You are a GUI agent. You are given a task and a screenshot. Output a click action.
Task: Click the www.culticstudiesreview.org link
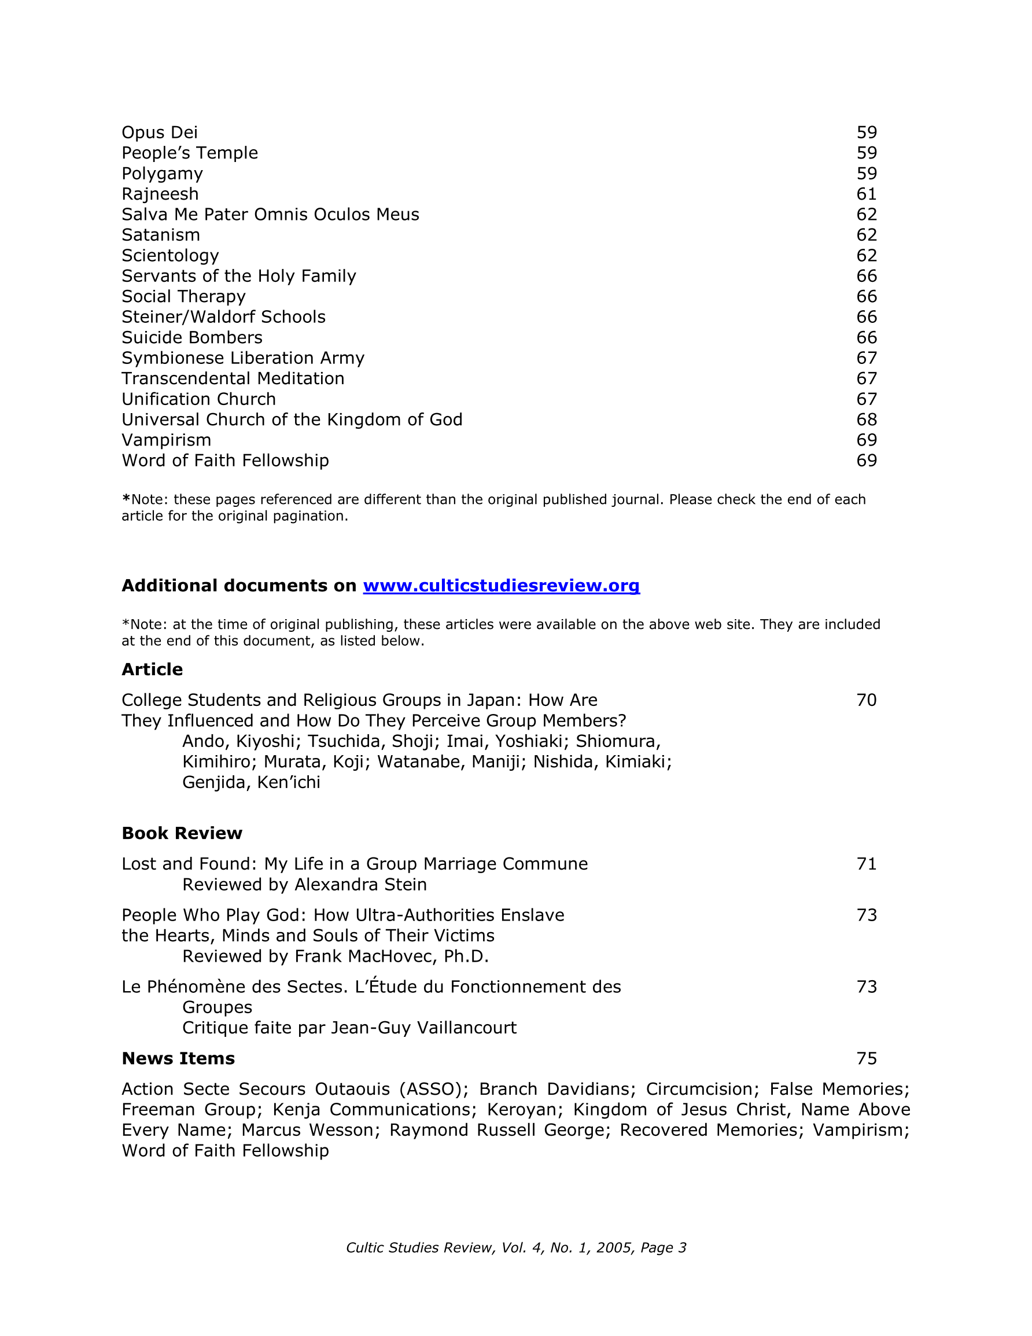coord(501,586)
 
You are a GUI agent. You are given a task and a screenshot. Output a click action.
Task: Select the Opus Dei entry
coord(160,132)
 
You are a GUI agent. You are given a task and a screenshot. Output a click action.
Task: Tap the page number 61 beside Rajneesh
coord(866,194)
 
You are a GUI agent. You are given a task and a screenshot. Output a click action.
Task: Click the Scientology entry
coord(170,256)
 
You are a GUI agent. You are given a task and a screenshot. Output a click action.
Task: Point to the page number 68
coord(866,419)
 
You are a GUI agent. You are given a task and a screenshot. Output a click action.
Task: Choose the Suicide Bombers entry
coord(192,338)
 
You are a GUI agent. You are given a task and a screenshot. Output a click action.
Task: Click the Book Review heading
coord(182,833)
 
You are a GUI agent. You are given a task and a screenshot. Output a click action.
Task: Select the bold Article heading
coord(152,669)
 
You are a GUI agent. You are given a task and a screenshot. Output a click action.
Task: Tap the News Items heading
coord(178,1058)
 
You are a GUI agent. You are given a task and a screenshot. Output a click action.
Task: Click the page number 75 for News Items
coord(866,1058)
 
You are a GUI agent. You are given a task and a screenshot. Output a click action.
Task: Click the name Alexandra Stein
coord(360,885)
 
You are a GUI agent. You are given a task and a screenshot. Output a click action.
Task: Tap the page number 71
coord(866,864)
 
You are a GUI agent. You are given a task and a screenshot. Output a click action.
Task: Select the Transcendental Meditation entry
coord(233,378)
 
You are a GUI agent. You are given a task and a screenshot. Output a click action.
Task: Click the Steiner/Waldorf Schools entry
coord(223,317)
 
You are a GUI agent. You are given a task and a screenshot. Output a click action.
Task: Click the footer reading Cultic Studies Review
coord(515,1248)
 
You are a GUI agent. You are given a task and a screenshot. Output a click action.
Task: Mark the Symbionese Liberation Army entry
coord(243,358)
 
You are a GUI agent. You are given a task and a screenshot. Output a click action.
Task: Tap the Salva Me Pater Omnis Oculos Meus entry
coord(270,215)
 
